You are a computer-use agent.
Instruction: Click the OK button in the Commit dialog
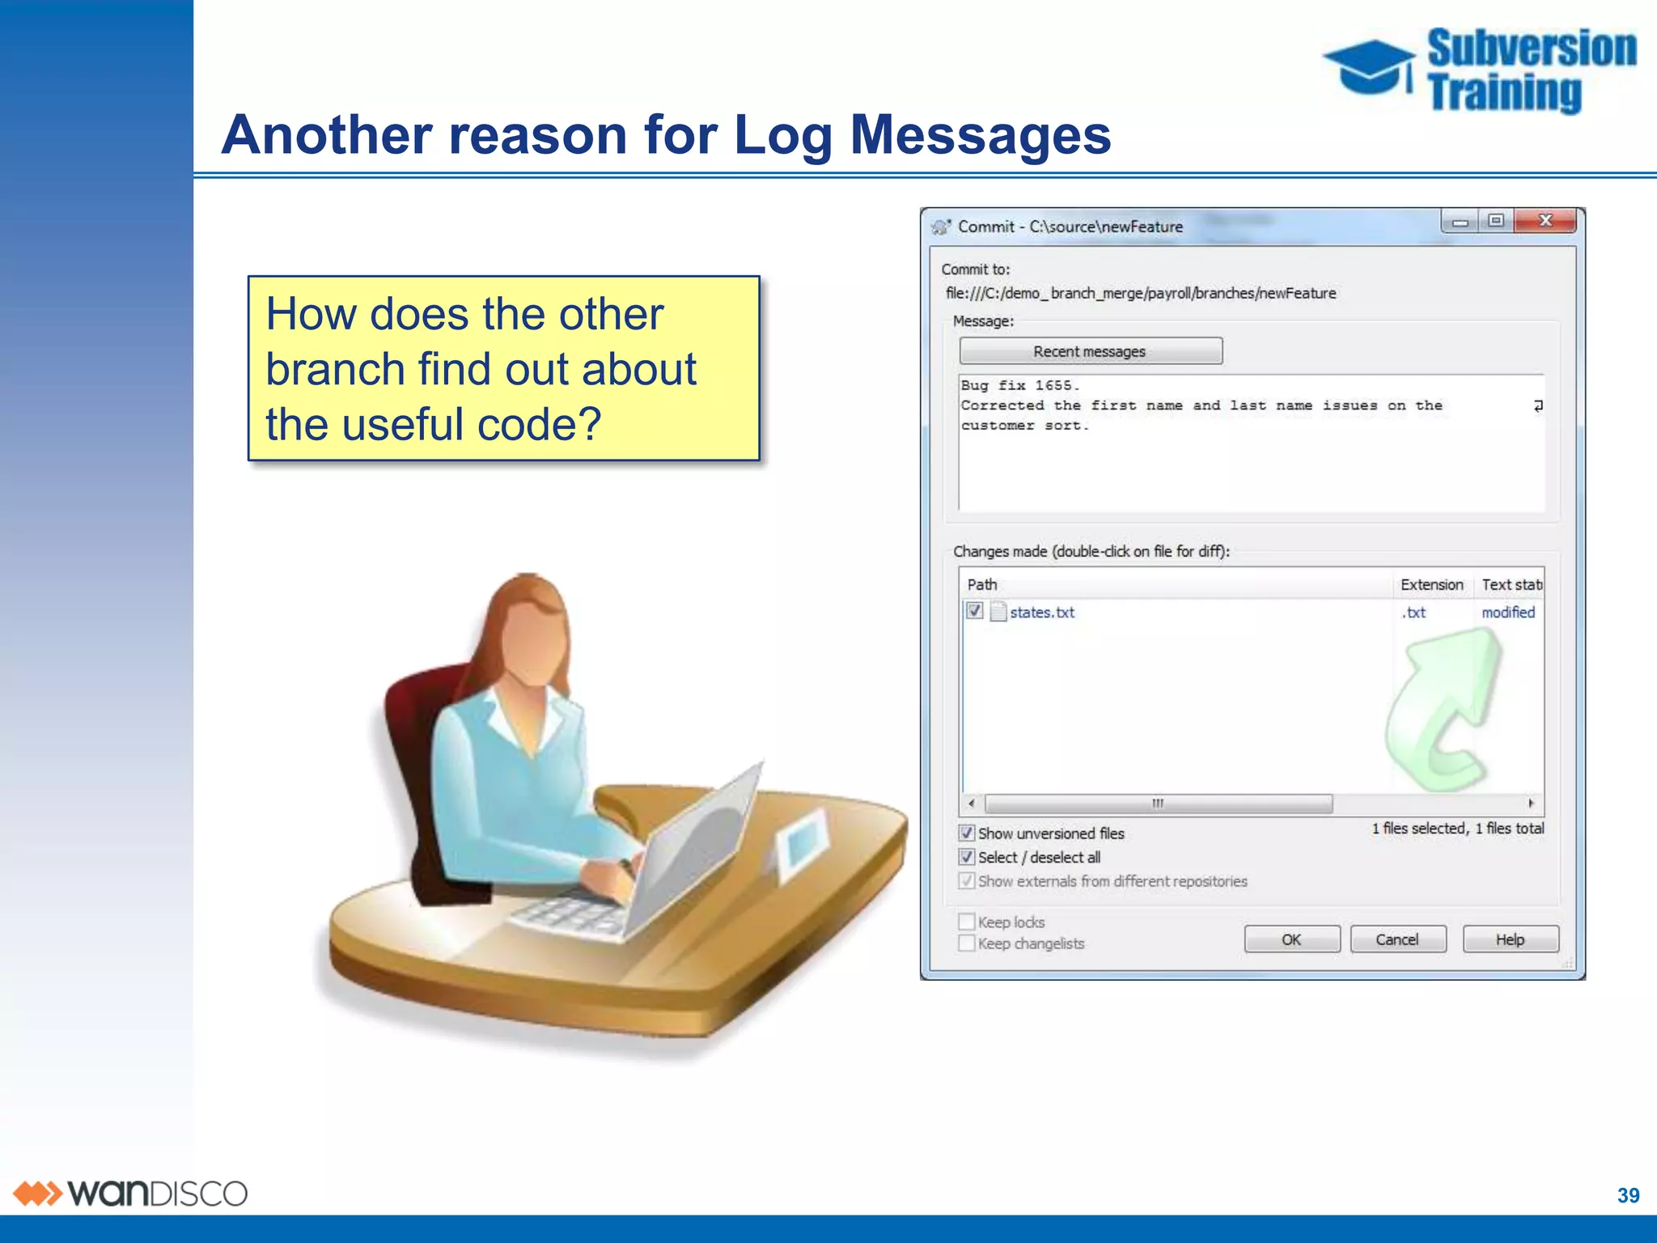pyautogui.click(x=1291, y=940)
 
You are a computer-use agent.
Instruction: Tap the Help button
pyautogui.click(x=1510, y=940)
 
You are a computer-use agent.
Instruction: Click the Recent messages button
pyautogui.click(x=1090, y=351)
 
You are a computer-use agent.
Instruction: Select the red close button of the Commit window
pyautogui.click(x=1545, y=220)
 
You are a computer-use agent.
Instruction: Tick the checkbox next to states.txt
pyautogui.click(x=975, y=611)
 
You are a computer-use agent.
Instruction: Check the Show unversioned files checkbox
pyautogui.click(x=967, y=833)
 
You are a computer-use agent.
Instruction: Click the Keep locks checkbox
pyautogui.click(x=967, y=922)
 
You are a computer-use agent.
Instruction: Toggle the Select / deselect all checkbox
pyautogui.click(x=967, y=857)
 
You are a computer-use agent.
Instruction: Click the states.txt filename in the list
pyautogui.click(x=1042, y=613)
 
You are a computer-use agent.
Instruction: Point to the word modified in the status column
pyautogui.click(x=1508, y=613)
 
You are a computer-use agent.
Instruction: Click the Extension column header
pyautogui.click(x=1431, y=584)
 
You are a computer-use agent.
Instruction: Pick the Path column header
pyautogui.click(x=982, y=584)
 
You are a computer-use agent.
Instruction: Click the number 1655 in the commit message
pyautogui.click(x=1054, y=386)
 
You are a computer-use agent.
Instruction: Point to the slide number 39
pyautogui.click(x=1628, y=1195)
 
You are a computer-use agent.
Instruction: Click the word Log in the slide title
pyautogui.click(x=782, y=136)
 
